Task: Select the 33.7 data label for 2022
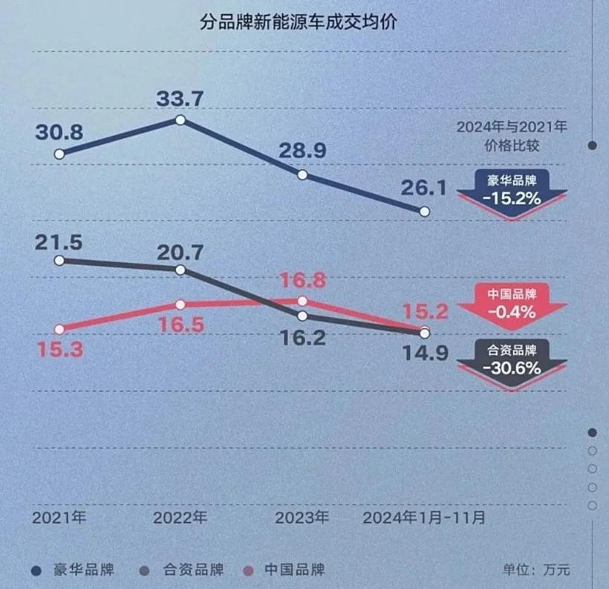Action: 180,97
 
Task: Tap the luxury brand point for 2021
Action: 59,154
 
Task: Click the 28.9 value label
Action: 302,152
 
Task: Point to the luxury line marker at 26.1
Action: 425,211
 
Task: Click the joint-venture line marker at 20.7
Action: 180,270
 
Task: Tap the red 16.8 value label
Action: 302,280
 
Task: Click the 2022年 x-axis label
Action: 180,518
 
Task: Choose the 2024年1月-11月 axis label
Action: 424,518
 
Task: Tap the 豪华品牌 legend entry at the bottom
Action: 74,570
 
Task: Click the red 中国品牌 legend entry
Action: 286,570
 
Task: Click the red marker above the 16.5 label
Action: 180,305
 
